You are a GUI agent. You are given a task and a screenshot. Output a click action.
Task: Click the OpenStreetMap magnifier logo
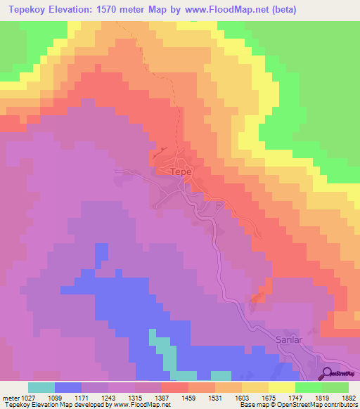pyautogui.click(x=326, y=373)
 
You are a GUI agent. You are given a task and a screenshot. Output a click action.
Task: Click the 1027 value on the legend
pyautogui.click(x=27, y=398)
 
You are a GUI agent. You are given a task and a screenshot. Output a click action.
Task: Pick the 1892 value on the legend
pyautogui.click(x=348, y=398)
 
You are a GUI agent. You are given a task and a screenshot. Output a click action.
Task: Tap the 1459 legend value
pyautogui.click(x=188, y=398)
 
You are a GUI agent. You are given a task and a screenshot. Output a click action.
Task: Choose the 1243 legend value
pyautogui.click(x=108, y=398)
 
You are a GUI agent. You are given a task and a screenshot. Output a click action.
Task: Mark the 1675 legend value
pyautogui.click(x=268, y=398)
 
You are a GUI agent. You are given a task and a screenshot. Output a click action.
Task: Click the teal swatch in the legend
pyautogui.click(x=41, y=387)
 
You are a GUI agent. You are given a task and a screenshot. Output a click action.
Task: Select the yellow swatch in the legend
pyautogui.click(x=281, y=387)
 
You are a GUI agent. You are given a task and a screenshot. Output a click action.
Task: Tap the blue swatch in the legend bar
pyautogui.click(x=67, y=387)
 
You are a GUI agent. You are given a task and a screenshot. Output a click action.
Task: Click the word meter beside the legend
pyautogui.click(x=8, y=398)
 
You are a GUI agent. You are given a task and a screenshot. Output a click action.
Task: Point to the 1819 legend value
pyautogui.click(x=321, y=398)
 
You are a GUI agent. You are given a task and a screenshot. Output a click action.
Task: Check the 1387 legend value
pyautogui.click(x=161, y=398)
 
